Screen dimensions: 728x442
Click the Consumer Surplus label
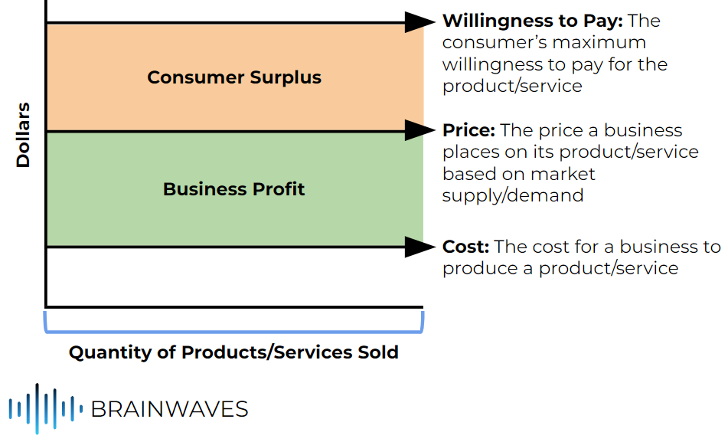point(234,77)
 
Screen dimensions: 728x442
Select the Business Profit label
point(234,189)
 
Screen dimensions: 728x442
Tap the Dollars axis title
point(24,134)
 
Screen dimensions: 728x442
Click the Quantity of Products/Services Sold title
point(233,352)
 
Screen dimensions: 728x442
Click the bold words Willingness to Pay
point(531,21)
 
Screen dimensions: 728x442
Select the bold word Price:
point(468,130)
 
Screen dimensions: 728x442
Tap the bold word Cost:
point(465,247)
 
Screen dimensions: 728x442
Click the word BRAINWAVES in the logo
point(169,409)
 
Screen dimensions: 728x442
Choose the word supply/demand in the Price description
point(513,195)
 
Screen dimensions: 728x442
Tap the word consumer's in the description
point(498,43)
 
